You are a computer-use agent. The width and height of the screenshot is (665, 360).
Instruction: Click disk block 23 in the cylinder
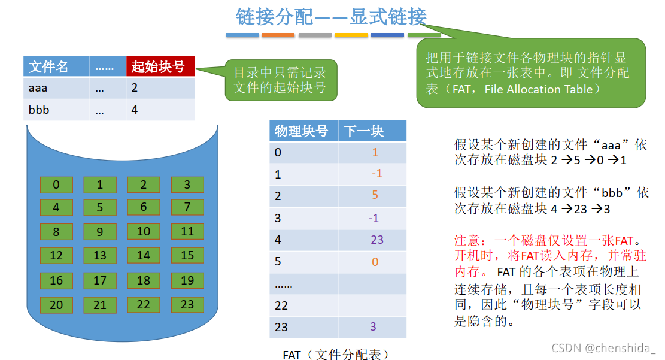(x=187, y=304)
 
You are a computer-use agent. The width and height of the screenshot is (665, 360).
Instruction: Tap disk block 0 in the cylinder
(x=56, y=184)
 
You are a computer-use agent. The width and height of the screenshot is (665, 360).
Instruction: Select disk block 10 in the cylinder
(x=144, y=232)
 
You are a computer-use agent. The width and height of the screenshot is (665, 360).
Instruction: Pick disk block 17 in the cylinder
(x=100, y=280)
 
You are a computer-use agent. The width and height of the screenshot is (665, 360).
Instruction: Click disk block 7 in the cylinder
(x=187, y=207)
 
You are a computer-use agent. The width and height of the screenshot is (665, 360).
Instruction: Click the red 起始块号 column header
(x=160, y=66)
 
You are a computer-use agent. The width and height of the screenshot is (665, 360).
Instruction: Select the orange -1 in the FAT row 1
(x=375, y=174)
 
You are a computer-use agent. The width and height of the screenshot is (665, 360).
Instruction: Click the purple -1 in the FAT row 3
(x=373, y=218)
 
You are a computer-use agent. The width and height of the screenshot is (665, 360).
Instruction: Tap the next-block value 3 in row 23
(x=374, y=327)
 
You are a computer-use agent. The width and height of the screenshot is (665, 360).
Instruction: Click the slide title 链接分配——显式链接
(x=331, y=17)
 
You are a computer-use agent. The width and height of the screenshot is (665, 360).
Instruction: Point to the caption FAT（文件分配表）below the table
(x=337, y=355)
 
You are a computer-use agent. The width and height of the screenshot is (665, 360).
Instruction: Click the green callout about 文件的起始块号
(x=279, y=81)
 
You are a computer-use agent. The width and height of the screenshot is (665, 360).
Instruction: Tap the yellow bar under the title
(x=351, y=35)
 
